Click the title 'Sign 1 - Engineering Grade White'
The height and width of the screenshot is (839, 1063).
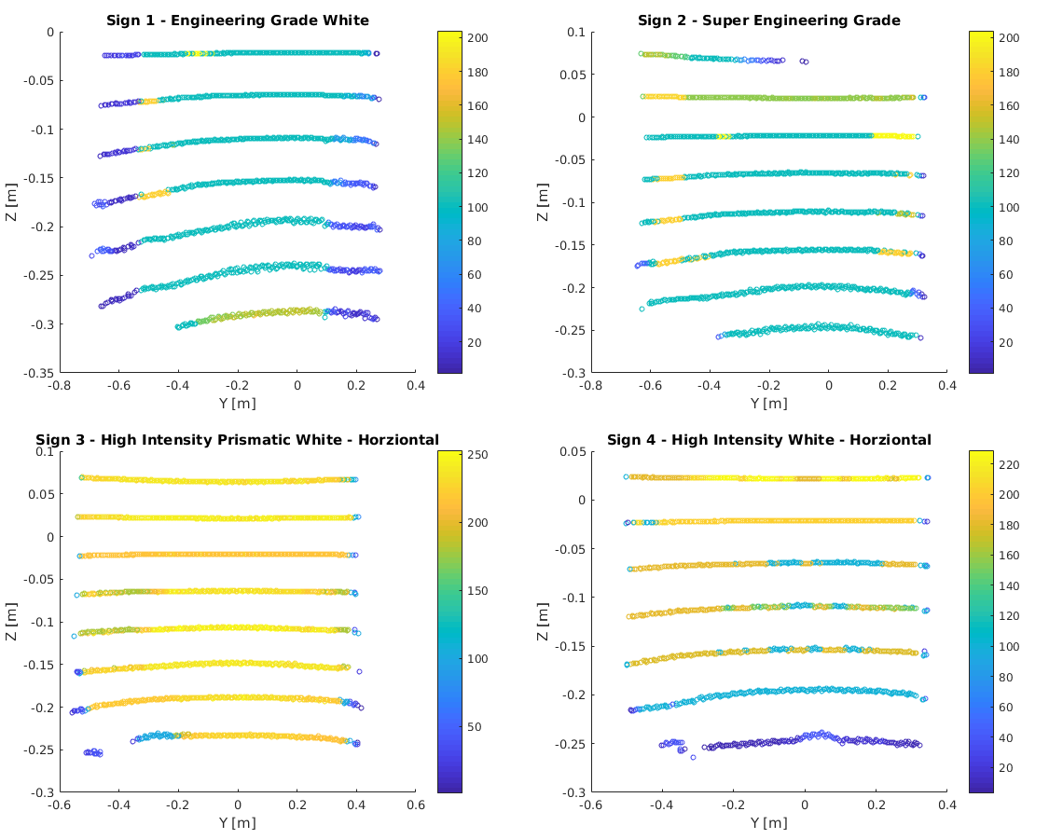tap(238, 20)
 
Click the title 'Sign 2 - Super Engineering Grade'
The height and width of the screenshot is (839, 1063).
tap(769, 20)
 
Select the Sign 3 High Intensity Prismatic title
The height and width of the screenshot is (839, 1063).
tap(238, 439)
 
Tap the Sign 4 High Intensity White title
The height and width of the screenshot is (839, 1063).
tap(769, 439)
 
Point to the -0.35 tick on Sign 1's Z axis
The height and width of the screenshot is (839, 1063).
tap(40, 373)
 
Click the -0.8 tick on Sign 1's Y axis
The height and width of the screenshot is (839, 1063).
tap(61, 385)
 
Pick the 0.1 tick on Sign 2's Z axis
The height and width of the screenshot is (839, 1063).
tap(571, 32)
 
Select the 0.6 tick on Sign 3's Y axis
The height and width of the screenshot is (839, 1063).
tap(416, 805)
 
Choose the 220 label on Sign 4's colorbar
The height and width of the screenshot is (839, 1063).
tap(986, 464)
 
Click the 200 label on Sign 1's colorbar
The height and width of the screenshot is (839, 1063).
tap(454, 38)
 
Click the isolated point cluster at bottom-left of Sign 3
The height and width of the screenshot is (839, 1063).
tap(93, 751)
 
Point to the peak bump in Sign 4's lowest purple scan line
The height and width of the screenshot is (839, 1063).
tap(821, 734)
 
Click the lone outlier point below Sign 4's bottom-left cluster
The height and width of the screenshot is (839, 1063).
tap(693, 757)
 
